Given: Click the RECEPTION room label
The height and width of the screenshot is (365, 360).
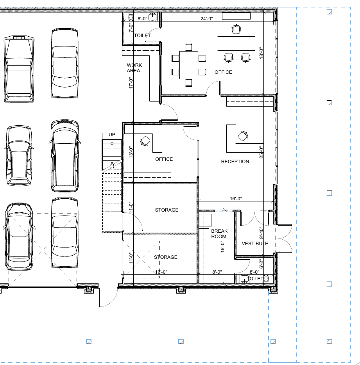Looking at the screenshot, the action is point(235,161).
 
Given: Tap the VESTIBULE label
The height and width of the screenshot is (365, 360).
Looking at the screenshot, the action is point(255,243).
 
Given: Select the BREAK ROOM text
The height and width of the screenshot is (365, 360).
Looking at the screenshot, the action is point(219,233).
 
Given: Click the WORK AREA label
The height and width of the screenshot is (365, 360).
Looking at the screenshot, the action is point(134,68).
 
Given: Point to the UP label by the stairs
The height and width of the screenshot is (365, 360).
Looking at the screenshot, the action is point(112,135).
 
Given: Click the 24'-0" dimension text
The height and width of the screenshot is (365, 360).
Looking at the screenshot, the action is point(206,19).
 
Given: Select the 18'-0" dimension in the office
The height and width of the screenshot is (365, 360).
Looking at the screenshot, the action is point(261,53).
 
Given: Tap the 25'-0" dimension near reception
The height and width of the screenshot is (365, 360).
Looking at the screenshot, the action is point(261,152).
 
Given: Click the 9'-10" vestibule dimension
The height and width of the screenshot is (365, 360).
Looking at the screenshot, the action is point(261,233).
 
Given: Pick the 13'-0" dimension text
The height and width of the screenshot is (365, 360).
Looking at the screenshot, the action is point(131,152).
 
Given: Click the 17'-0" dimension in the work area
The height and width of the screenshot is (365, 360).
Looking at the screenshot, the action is point(131,83).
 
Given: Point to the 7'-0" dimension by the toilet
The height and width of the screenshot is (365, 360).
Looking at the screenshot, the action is point(131,27).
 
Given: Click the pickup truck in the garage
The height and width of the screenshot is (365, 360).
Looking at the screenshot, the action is point(19,69).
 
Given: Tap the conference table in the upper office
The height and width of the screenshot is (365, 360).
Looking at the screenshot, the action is point(189,65).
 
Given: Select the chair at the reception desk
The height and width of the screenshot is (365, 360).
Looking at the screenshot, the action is point(243,136).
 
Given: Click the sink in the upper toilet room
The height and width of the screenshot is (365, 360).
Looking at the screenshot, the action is point(152,17).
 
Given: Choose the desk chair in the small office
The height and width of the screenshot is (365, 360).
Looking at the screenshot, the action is point(145,141).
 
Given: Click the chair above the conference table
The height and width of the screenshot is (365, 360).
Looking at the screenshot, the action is point(189,47).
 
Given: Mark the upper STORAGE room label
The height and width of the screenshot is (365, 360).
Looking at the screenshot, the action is point(167,210).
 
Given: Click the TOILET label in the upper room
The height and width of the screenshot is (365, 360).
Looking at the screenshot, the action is point(142,36).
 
